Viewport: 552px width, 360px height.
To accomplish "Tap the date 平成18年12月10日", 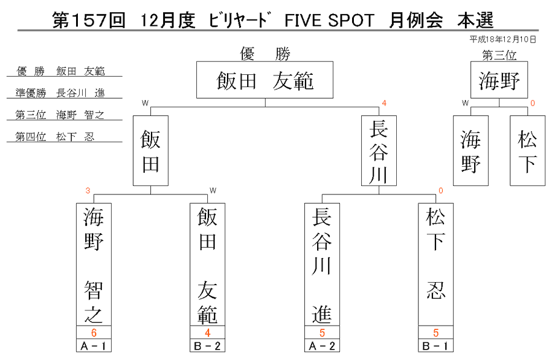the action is tap(503, 39).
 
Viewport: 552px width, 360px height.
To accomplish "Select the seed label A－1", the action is tap(94, 346).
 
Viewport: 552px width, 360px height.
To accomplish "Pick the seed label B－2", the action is tap(207, 346).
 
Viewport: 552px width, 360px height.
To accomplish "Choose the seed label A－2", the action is tap(322, 346).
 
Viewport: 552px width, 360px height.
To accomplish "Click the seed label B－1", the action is tap(436, 346).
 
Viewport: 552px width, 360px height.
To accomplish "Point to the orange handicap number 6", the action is tap(94, 332).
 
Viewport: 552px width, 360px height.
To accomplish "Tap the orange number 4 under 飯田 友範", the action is tap(207, 332).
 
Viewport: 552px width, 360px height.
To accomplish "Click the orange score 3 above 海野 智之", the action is tap(88, 191).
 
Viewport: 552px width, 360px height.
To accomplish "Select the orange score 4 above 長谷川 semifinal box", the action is tap(384, 103).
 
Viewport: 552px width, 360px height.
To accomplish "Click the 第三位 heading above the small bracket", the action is tap(499, 55).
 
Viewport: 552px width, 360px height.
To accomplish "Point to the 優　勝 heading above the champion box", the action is tap(265, 54).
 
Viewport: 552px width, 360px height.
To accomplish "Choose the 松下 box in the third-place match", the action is tap(527, 151).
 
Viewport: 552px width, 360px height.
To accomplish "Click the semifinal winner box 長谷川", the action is tap(379, 151).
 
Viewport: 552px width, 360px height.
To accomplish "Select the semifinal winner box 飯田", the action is tap(151, 151).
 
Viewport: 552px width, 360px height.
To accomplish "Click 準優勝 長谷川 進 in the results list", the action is tap(60, 93).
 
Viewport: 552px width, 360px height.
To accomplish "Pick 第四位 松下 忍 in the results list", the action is tap(55, 137).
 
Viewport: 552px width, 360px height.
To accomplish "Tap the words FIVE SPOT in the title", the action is tap(329, 20).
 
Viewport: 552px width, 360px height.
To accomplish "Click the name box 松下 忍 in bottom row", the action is tap(436, 264).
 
